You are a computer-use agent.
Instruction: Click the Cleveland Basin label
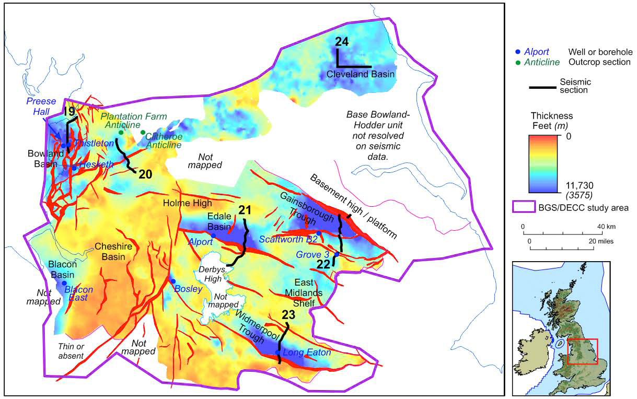point(360,75)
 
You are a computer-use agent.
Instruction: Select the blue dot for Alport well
point(213,236)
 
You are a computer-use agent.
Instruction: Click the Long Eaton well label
point(307,353)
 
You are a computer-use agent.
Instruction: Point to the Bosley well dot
point(173,281)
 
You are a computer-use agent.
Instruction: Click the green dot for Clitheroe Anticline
point(143,132)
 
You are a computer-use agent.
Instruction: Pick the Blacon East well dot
point(64,283)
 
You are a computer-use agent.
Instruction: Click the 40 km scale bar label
point(600,227)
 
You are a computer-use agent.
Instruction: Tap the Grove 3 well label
point(312,254)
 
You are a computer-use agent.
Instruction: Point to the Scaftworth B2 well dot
point(319,233)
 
